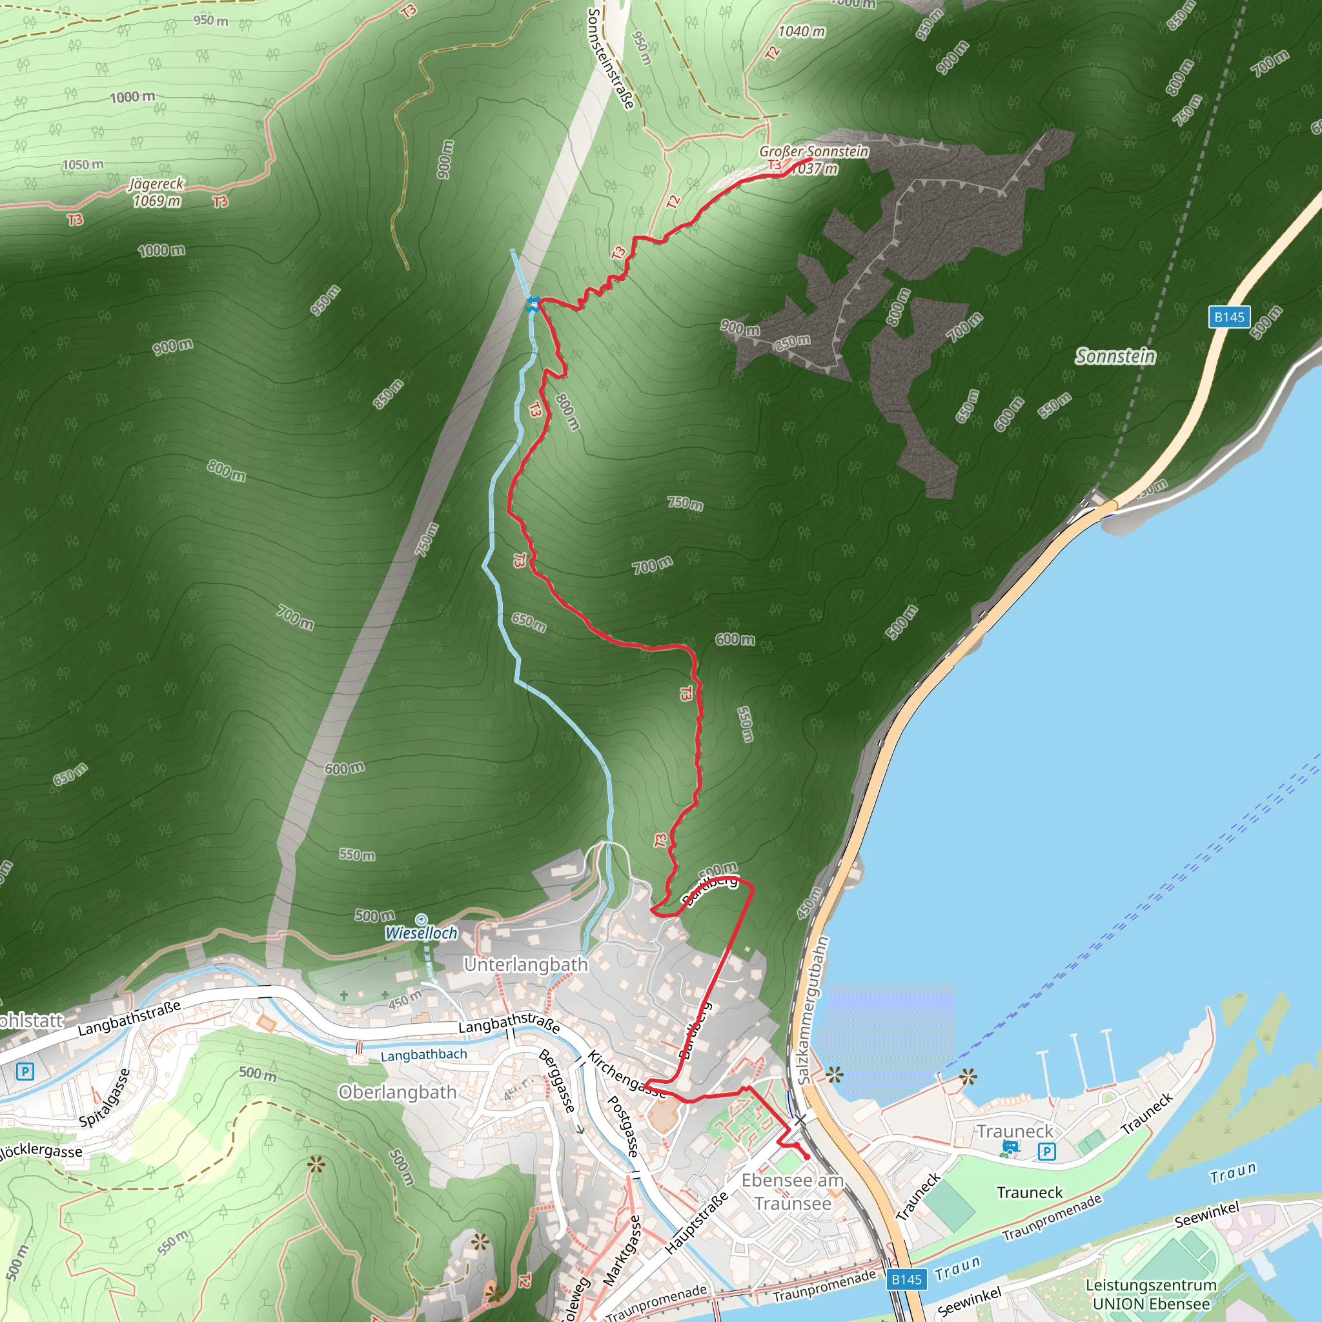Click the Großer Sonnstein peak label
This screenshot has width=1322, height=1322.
(813, 151)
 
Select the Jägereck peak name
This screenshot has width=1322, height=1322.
(157, 184)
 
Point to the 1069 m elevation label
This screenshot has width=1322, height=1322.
(157, 201)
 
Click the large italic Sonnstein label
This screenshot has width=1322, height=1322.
(1115, 356)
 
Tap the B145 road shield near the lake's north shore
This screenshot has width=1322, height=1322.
(1229, 317)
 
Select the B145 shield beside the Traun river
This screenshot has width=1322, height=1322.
(907, 1279)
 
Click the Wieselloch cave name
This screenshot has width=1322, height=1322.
(421, 933)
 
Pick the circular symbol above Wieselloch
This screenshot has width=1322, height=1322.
(422, 920)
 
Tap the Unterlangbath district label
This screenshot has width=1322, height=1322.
(526, 965)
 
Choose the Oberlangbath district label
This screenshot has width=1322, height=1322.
(398, 1092)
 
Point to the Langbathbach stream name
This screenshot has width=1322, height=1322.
(423, 1055)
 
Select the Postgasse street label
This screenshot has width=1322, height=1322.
(624, 1126)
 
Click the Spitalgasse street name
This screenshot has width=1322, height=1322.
(104, 1098)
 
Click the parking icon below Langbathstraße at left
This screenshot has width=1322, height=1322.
(25, 1072)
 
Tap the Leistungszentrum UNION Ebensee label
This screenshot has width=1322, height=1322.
(1151, 1294)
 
